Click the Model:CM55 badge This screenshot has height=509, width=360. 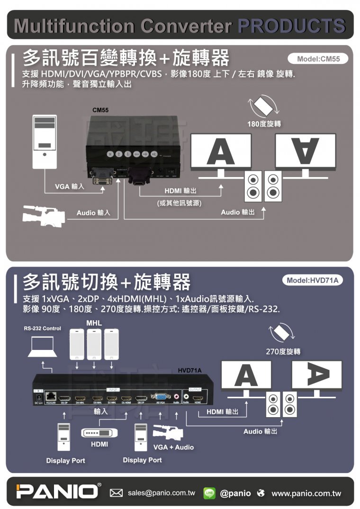pos(317,59)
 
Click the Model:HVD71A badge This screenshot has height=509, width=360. pos(312,280)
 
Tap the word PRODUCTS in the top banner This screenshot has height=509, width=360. pos(291,26)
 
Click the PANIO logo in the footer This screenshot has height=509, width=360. pos(57,491)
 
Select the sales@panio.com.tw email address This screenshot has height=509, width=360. pos(161,493)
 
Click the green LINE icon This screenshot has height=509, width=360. pos(209,493)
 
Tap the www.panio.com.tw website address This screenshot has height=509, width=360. pos(306,493)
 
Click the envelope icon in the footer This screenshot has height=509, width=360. pos(117,493)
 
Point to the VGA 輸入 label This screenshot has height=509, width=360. pos(70,187)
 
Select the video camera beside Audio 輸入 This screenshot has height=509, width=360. pos(44,216)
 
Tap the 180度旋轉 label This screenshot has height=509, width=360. pos(264,124)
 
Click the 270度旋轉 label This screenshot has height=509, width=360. pos(284,352)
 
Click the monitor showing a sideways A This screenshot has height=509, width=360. pos(317,376)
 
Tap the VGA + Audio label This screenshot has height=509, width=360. pos(174,447)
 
